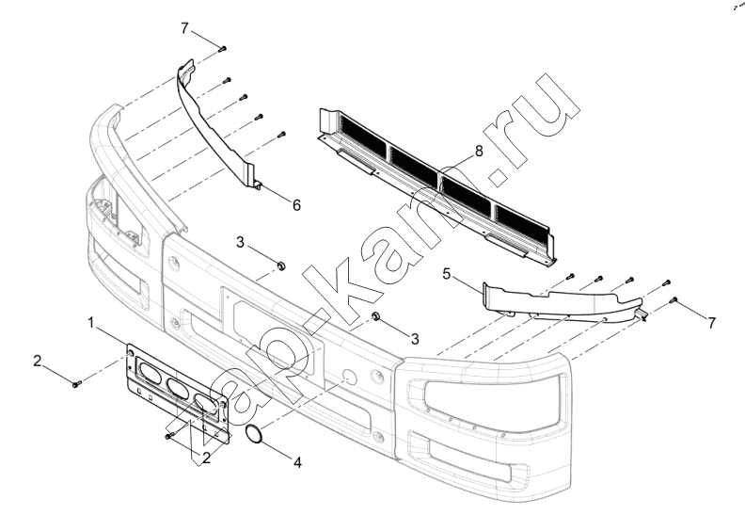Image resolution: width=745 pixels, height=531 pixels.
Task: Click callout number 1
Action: pos(92,323)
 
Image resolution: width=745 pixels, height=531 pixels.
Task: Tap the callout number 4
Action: pos(297,462)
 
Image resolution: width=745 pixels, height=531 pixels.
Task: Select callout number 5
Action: pos(446,274)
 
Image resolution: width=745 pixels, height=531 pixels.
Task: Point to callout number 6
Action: pos(296,205)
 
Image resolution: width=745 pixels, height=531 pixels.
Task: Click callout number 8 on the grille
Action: pos(479,152)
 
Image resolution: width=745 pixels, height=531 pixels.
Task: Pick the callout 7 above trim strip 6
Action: pos(184,28)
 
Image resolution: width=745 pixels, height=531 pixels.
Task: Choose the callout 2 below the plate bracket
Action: pos(206,459)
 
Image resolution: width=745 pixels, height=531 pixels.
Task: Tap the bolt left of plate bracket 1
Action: pos(76,383)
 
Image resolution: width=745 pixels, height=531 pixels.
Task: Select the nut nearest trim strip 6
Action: pos(281,265)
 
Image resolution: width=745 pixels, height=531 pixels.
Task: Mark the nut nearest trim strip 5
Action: pos(374,315)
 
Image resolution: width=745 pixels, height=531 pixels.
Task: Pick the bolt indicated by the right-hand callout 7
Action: pos(674,300)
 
